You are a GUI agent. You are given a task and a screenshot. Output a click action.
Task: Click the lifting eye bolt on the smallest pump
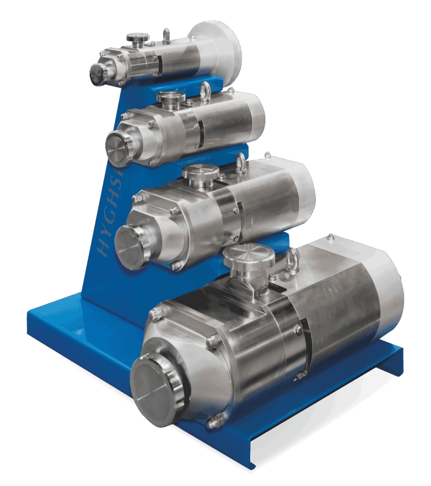click(166, 35)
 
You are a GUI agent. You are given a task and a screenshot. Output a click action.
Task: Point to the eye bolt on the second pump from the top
click(206, 89)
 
